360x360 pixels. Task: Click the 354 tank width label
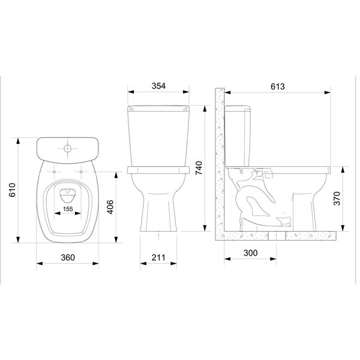coord(159,86)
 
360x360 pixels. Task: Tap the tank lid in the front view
coord(159,109)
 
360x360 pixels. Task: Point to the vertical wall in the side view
coord(220,162)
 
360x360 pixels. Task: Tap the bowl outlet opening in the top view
coord(67,193)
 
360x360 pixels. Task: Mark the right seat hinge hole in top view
coord(81,172)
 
